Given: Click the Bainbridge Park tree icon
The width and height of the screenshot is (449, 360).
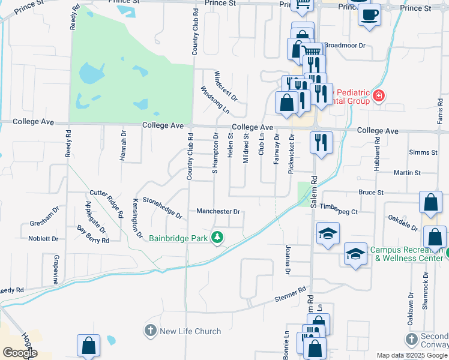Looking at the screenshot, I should (217, 238).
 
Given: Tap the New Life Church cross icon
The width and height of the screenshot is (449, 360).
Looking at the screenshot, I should (149, 331).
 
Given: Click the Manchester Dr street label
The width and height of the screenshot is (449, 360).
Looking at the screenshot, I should (218, 212).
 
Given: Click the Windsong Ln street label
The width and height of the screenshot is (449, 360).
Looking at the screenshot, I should (215, 100).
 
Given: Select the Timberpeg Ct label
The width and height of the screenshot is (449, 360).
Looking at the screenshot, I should (339, 212).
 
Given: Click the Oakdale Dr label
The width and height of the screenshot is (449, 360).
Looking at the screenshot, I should (403, 223).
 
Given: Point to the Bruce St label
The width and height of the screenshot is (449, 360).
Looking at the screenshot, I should (370, 193).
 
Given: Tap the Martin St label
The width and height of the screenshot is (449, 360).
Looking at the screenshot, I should (408, 173).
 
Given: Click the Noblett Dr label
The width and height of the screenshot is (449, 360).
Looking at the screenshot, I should (43, 238).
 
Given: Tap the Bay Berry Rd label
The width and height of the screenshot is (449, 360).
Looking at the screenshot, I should (93, 235).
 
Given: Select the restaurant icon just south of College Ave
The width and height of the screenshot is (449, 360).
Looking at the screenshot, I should (321, 142).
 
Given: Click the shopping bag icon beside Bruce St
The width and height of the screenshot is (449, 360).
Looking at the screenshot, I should (431, 203).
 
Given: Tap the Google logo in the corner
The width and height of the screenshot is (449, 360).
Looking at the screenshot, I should (19, 353).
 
